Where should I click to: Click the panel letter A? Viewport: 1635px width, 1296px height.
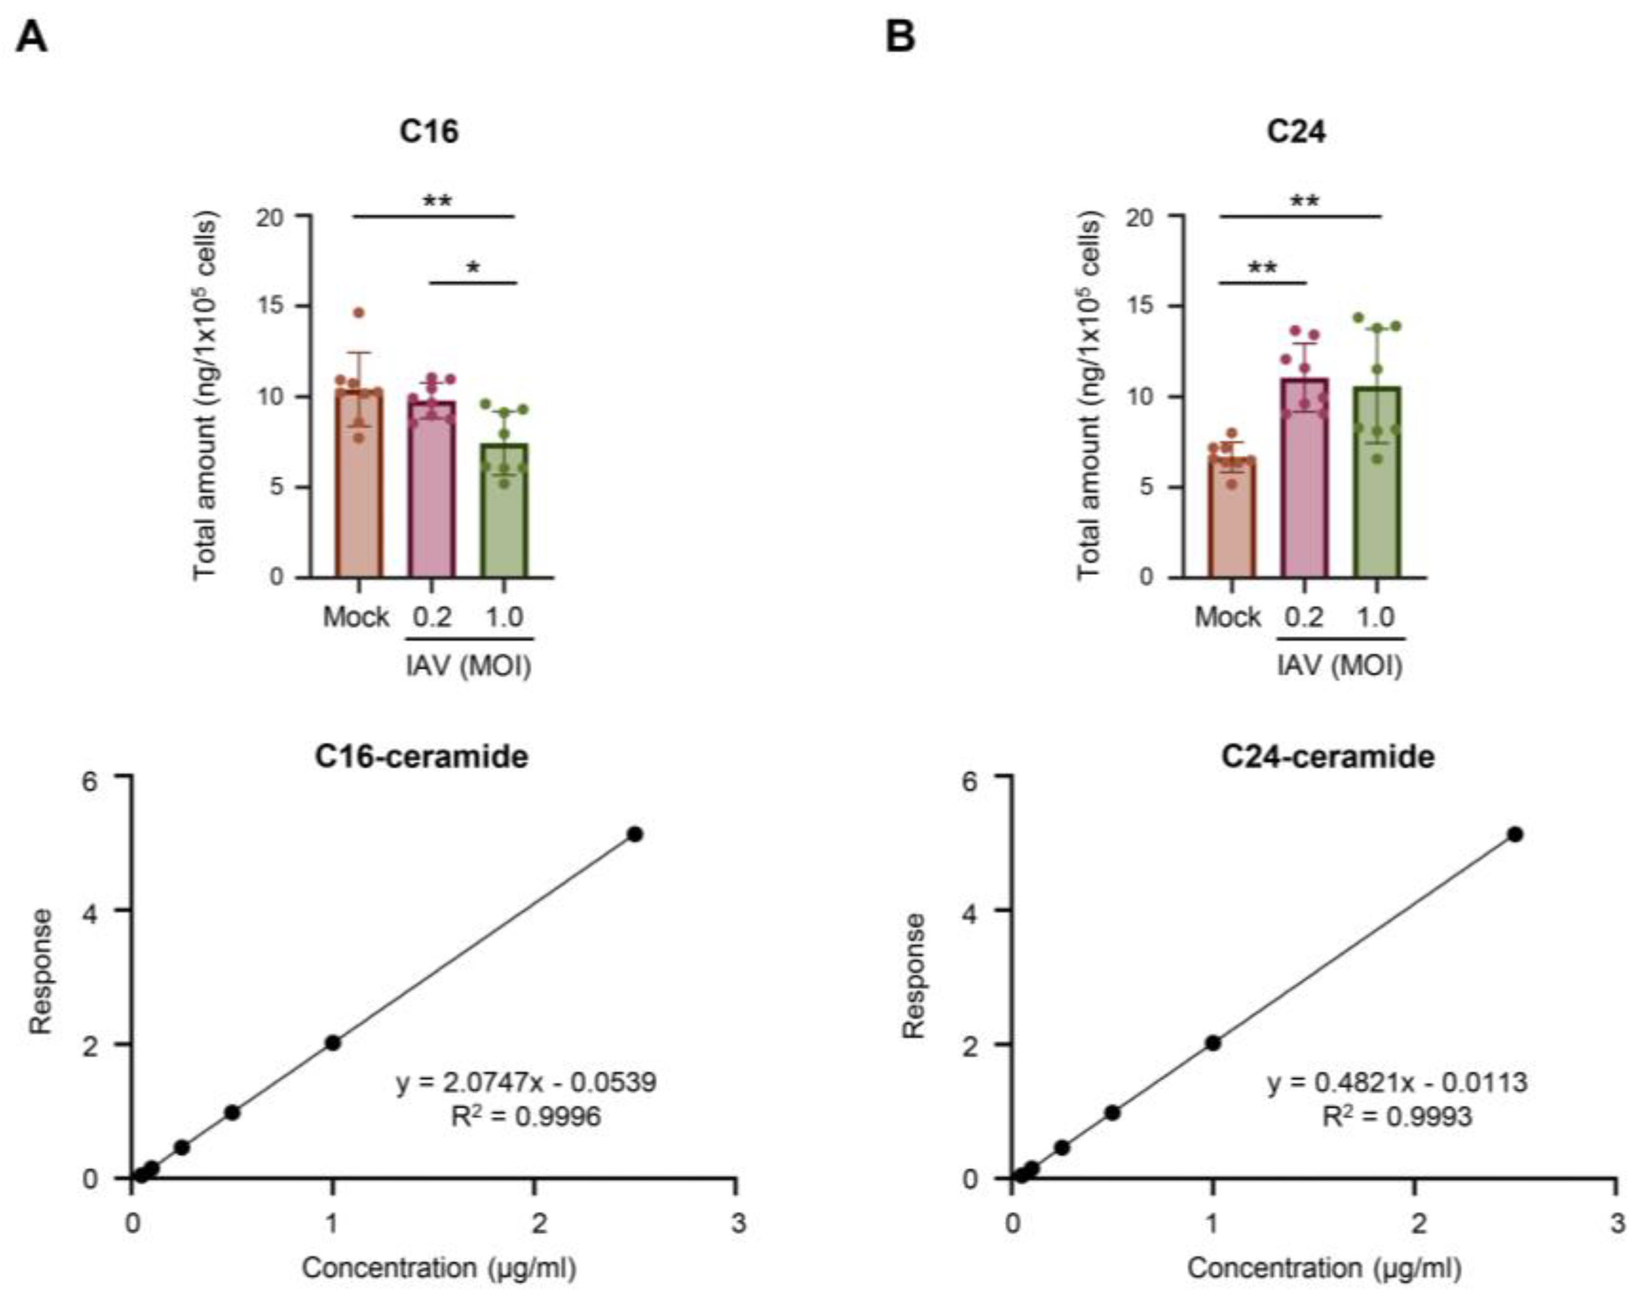point(31,37)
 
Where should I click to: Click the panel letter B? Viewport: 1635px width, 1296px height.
point(900,37)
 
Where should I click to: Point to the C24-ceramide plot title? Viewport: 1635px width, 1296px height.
point(1327,757)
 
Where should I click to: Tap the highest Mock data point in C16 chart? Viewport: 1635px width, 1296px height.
point(359,312)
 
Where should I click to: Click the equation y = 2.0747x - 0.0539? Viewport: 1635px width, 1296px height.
point(526,1082)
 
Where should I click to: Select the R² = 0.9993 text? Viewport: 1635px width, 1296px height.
point(1397,1116)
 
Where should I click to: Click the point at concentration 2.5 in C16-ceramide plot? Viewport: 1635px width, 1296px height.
point(635,834)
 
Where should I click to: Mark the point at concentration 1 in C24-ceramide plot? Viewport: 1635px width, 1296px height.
point(1212,1043)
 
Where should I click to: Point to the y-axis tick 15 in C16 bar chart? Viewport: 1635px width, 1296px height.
point(270,305)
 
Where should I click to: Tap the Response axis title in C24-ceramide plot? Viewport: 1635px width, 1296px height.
point(915,976)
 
